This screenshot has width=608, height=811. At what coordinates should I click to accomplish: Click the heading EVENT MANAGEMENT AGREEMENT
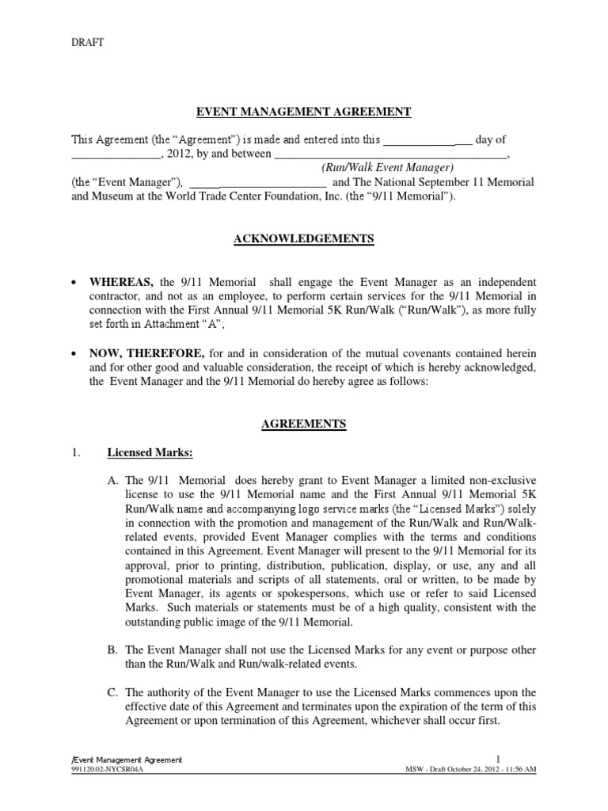[304, 112]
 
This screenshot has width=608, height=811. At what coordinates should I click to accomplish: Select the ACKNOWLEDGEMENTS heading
[304, 239]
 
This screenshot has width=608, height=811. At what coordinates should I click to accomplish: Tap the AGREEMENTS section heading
[304, 425]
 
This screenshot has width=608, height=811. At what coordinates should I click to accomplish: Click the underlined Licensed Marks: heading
[150, 453]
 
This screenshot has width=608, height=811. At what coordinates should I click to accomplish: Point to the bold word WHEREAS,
[127, 283]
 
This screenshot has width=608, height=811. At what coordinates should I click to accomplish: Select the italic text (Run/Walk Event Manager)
[386, 168]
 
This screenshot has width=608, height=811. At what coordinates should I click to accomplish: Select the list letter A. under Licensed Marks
[112, 480]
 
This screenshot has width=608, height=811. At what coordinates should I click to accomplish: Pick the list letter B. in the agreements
[112, 650]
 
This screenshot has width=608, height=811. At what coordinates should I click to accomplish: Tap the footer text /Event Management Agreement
[127, 760]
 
